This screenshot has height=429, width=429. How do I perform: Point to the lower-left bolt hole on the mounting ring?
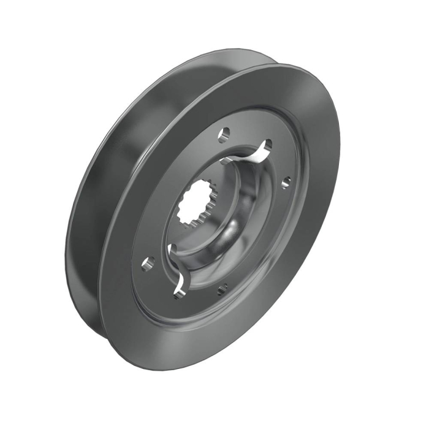[x=147, y=264]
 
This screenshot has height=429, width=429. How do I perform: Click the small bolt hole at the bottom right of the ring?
[x=221, y=286]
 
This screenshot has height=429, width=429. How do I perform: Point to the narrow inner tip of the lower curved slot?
[x=171, y=246]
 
